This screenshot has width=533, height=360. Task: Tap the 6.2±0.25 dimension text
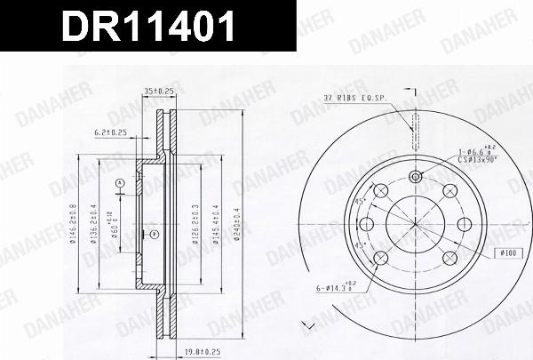pyautogui.click(x=112, y=132)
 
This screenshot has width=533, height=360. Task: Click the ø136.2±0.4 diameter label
pyautogui.click(x=91, y=222)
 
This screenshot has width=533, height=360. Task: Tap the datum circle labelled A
pyautogui.click(x=119, y=183)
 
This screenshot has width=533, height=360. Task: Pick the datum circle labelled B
pyautogui.click(x=155, y=235)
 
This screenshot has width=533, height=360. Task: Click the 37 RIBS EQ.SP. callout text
pyautogui.click(x=354, y=98)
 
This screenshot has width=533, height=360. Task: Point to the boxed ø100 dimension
pyautogui.click(x=508, y=254)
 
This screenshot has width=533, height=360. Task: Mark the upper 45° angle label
pyautogui.click(x=360, y=202)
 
